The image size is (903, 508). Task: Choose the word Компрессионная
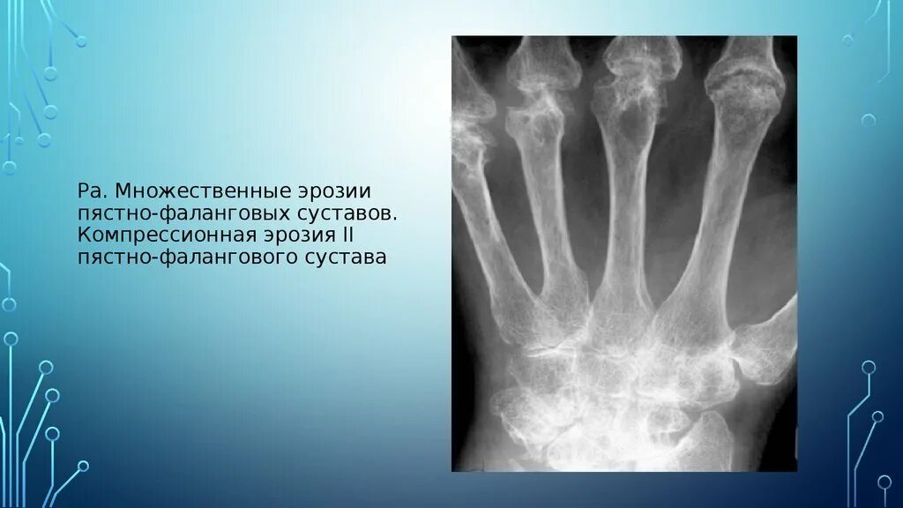(164, 235)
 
